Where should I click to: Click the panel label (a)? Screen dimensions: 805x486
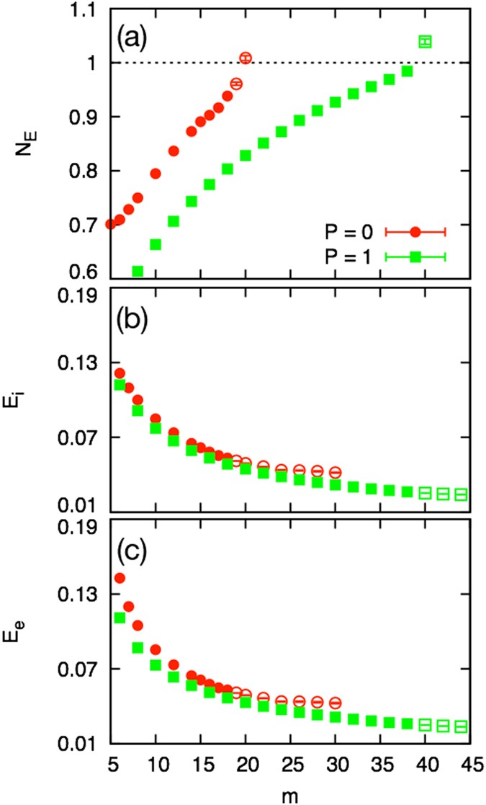(128, 33)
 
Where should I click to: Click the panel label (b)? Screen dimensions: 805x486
(128, 317)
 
